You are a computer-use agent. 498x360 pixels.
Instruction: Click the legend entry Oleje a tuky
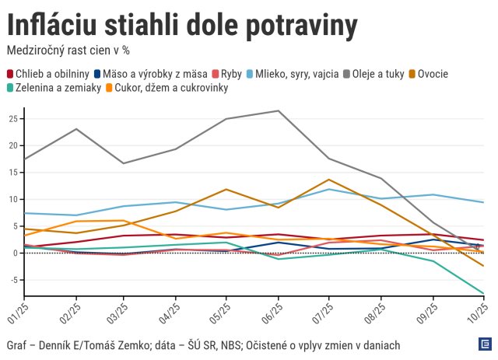(375, 74)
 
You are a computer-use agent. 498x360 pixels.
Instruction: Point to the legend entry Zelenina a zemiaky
(54, 88)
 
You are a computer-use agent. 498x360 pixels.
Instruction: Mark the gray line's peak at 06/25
(279, 110)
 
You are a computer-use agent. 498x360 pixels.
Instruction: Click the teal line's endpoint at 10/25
(484, 293)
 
